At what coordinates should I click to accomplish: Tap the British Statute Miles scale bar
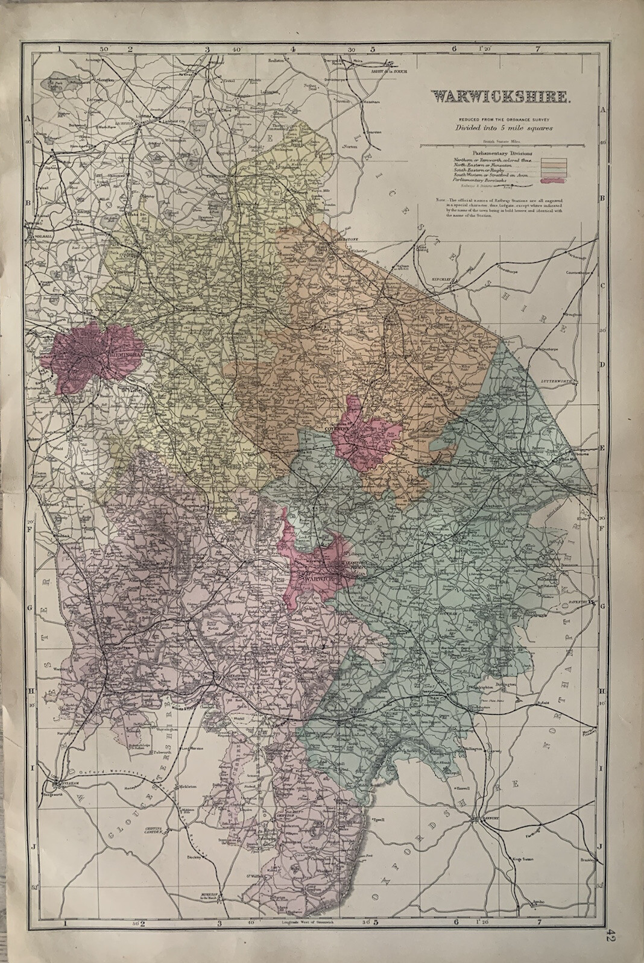pyautogui.click(x=500, y=145)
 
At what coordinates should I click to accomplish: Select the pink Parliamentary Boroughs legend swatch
pyautogui.click(x=554, y=180)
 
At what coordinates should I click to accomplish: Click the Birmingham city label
pyautogui.click(x=124, y=356)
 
